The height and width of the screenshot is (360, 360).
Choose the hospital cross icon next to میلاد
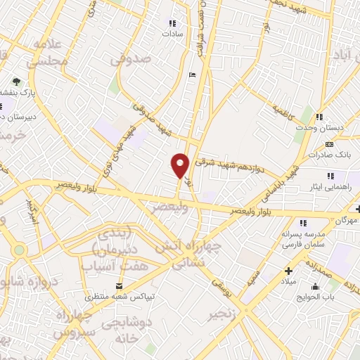[288, 271]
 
